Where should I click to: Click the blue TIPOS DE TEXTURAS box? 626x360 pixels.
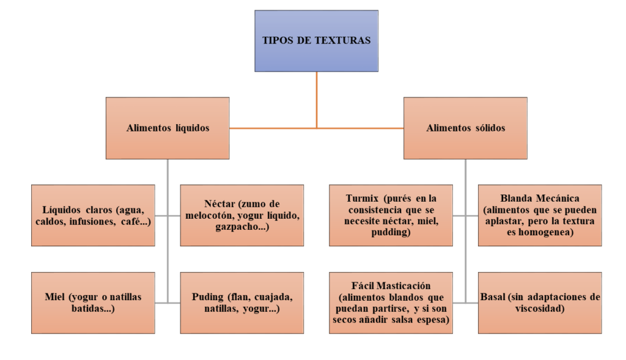[316, 41]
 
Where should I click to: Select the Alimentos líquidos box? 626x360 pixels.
[168, 128]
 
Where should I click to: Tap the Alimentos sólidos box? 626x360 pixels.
[465, 128]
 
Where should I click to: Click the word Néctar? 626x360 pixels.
[219, 204]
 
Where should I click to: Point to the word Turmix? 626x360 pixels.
[362, 199]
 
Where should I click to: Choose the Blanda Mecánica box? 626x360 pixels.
[540, 216]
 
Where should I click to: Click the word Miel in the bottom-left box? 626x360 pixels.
[54, 297]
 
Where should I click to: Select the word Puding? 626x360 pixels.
[208, 297]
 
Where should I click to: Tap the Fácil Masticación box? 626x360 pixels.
[391, 303]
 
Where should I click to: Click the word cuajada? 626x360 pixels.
[273, 297]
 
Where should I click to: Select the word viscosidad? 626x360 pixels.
[539, 309]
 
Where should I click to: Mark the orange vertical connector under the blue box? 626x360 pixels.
[317, 100]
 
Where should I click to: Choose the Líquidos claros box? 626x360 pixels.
[93, 216]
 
